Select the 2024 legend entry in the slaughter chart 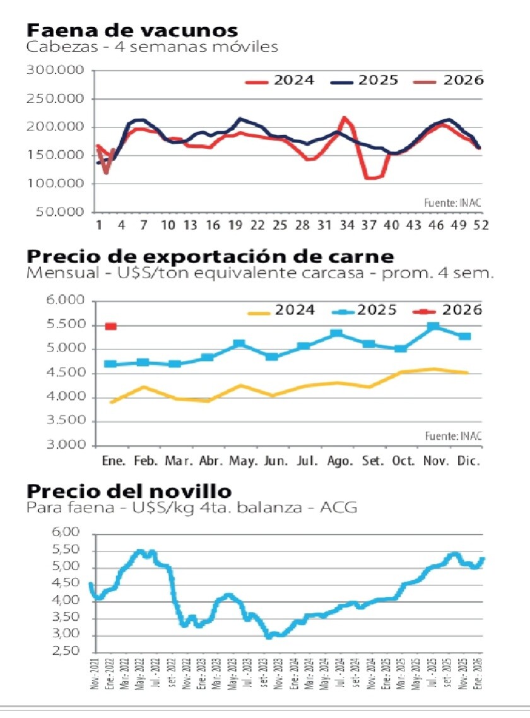coord(280,81)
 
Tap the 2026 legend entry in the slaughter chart coord(448,81)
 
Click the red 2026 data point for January coord(110,326)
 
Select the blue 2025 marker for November coord(433,327)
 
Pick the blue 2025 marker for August coord(337,333)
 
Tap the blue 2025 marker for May coord(239,344)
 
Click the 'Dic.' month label coord(468,461)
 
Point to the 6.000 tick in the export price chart coord(66,301)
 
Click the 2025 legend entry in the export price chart coord(362,310)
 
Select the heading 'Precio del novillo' coord(129,491)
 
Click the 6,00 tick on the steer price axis coord(67,533)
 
